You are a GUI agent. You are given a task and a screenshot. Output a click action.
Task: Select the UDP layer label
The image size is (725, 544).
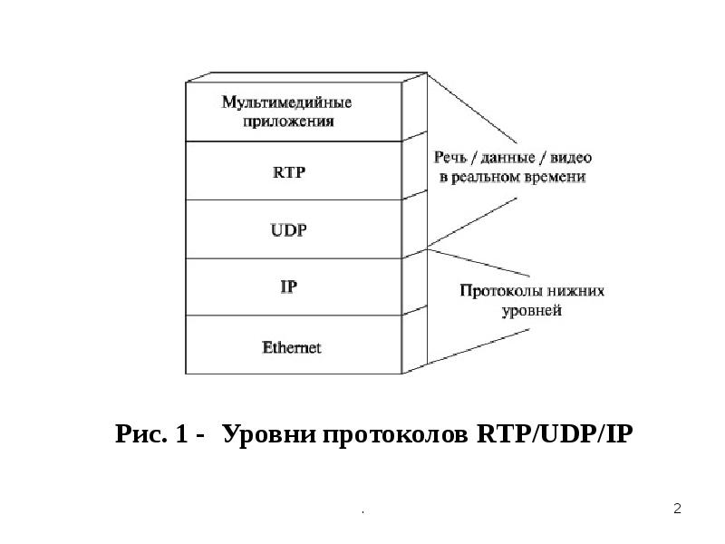pos(289,230)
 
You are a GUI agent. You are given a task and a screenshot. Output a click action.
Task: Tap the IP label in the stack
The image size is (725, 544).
pos(289,287)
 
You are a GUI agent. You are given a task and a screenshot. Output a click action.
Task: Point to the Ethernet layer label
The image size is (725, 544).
pos(291,346)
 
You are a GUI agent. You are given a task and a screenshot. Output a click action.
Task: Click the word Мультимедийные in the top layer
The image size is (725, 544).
pos(287,102)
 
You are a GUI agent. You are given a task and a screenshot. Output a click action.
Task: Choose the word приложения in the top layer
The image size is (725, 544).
pos(289,121)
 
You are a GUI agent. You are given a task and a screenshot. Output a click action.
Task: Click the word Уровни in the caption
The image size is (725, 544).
pos(262,434)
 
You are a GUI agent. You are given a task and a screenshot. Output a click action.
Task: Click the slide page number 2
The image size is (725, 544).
pos(677,509)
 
